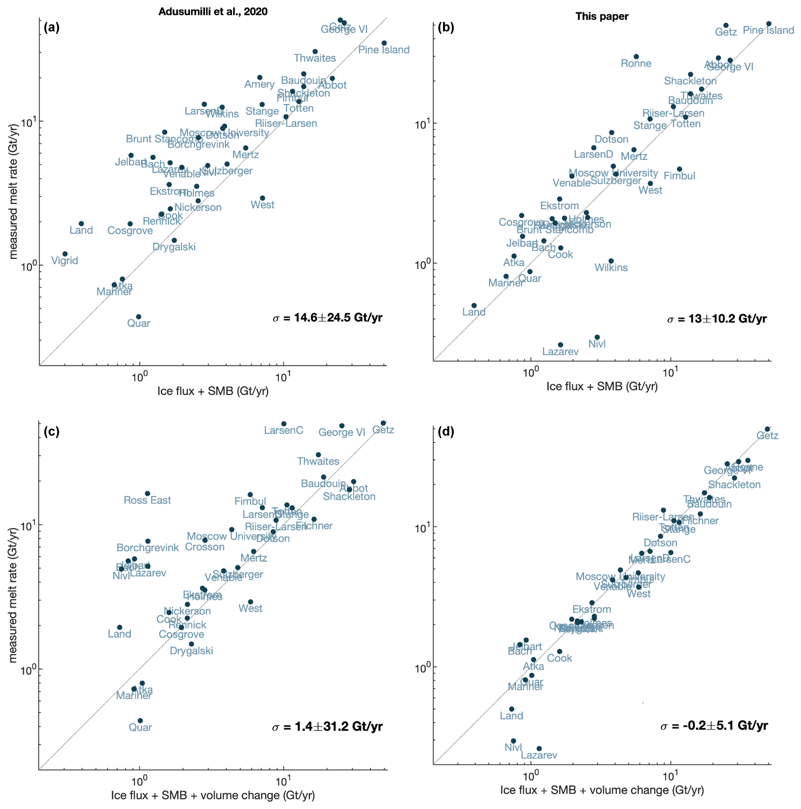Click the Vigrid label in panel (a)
65,261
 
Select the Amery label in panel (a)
259,85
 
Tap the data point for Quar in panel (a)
138,317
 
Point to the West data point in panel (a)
262,198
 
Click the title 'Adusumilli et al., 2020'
213,12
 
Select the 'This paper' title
602,16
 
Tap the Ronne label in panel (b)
636,64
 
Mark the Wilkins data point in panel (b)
611,261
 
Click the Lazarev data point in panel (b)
560,345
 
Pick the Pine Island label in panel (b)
768,31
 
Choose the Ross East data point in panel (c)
147,494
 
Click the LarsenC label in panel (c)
284,431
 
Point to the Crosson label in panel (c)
205,547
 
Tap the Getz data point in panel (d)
768,429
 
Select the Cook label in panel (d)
559,658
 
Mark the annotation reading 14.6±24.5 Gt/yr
328,318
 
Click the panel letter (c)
52,431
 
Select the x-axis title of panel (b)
602,386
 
